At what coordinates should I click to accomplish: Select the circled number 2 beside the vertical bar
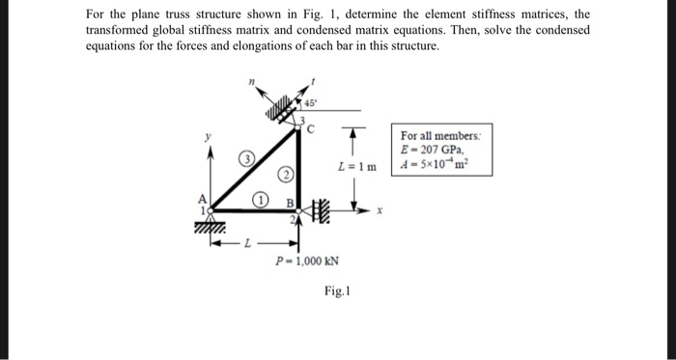pyautogui.click(x=286, y=175)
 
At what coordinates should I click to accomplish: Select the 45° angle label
pyautogui.click(x=312, y=99)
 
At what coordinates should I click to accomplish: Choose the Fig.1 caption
pyautogui.click(x=336, y=289)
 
